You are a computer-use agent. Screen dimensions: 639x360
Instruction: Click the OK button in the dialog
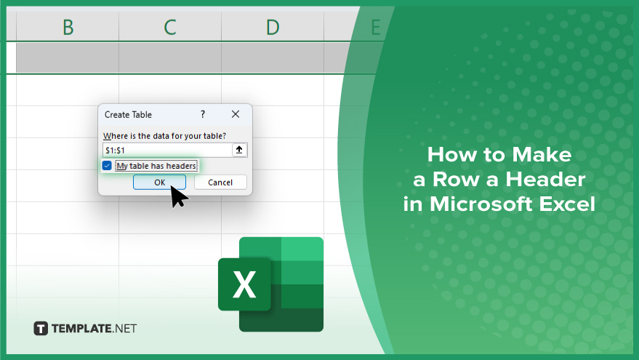click(159, 183)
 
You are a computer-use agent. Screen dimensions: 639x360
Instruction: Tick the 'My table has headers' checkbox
click(107, 166)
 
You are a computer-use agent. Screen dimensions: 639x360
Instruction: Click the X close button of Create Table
click(236, 114)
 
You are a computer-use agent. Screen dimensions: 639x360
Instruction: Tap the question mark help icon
click(203, 114)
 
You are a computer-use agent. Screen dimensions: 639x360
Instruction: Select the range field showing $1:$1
click(167, 150)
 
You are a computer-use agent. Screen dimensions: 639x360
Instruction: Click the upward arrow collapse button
click(239, 150)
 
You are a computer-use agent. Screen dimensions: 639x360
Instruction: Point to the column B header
click(68, 28)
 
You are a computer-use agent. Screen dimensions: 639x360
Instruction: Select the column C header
click(170, 28)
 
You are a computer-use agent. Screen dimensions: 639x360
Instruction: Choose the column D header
click(273, 28)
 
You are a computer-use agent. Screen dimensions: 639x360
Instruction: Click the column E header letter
click(375, 28)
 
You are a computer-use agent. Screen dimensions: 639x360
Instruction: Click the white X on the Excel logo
click(244, 284)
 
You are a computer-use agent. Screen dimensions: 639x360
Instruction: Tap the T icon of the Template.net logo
click(41, 329)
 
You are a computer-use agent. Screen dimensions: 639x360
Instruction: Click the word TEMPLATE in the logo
click(81, 329)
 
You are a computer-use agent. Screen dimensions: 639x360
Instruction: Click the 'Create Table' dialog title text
click(128, 115)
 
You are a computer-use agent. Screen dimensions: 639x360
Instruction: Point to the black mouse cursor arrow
click(177, 196)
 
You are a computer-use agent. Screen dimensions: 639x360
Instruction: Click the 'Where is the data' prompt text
click(164, 136)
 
